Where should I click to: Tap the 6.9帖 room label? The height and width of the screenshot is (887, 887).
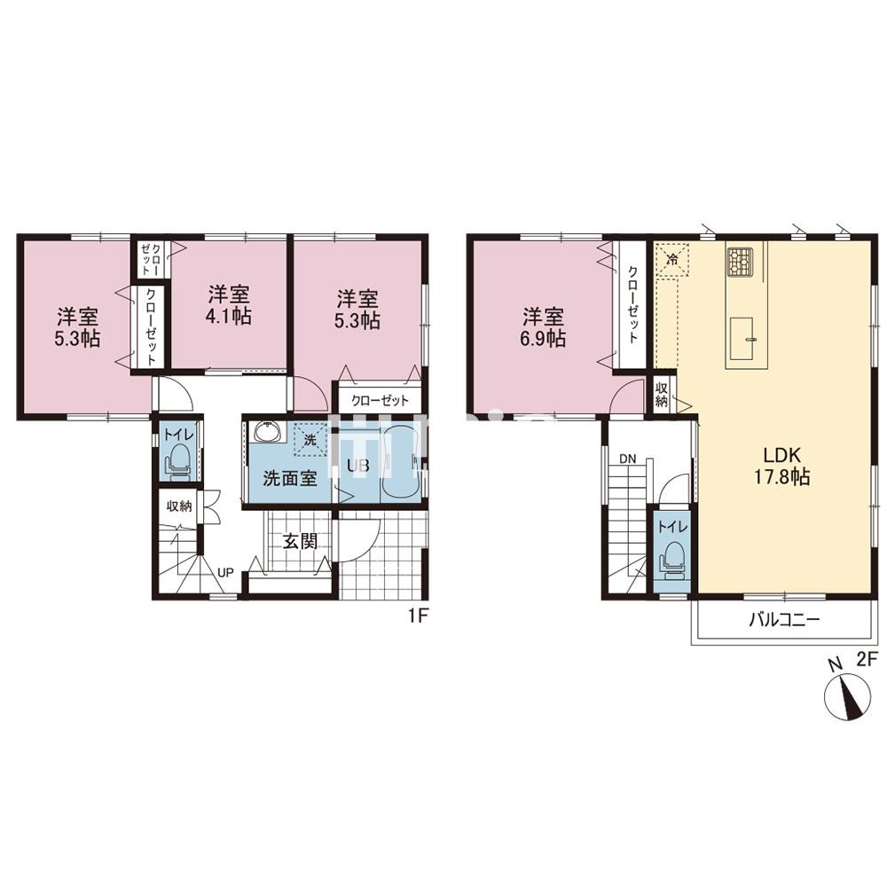coord(543,326)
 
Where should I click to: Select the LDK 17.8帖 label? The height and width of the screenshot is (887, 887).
coord(781,465)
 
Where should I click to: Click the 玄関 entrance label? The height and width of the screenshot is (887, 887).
coord(300,541)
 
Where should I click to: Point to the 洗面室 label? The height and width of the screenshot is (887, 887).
coord(290,479)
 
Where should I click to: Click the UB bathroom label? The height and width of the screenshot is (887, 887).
coord(358,466)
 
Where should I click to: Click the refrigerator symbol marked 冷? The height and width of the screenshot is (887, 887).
coord(672,260)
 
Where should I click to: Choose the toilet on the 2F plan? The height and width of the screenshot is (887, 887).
coord(672,559)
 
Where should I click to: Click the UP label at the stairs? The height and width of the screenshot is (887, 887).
coord(225,572)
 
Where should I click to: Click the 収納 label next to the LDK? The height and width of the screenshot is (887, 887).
coord(662,395)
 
